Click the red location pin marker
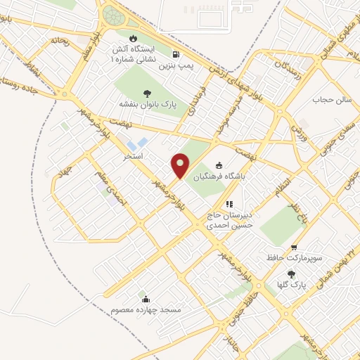point(180,165)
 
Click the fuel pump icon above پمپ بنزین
point(175,54)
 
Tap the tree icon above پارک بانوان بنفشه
point(146,93)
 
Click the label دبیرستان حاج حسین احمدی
point(229,221)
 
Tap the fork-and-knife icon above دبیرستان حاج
point(229,204)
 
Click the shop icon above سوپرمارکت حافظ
point(294,247)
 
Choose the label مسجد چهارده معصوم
point(146,309)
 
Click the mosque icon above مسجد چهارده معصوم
point(144,298)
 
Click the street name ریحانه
point(59,41)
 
